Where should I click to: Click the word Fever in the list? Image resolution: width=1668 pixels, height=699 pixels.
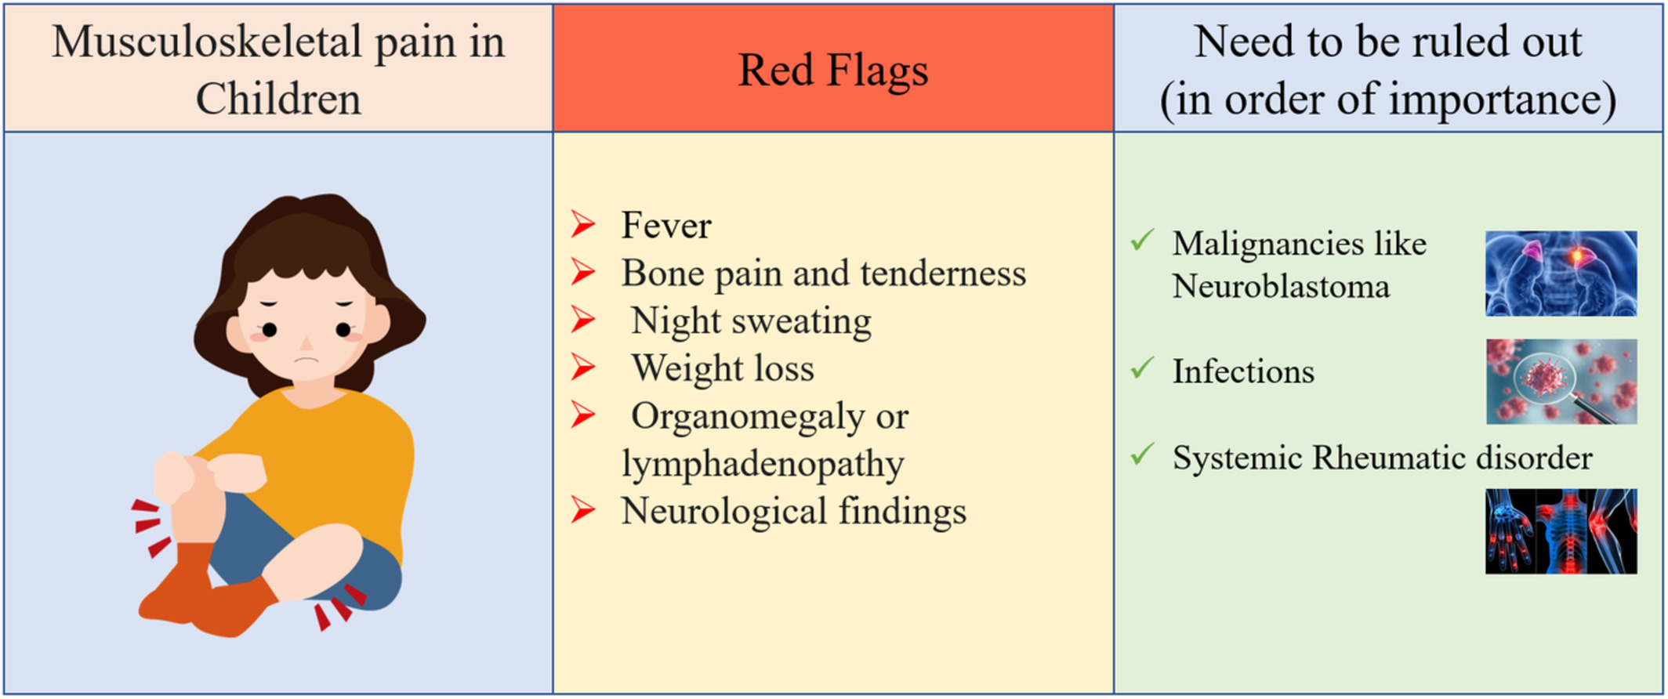(x=666, y=226)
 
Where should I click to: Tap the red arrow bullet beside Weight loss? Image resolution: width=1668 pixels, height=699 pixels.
(x=583, y=367)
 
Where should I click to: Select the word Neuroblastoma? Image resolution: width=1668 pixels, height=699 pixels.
(x=1281, y=286)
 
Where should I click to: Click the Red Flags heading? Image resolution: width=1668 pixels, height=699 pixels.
(x=833, y=71)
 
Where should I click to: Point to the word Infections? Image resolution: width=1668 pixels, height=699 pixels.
(x=1243, y=371)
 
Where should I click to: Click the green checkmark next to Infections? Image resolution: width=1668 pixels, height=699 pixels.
(x=1143, y=367)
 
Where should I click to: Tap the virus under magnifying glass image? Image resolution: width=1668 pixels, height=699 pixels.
(x=1561, y=382)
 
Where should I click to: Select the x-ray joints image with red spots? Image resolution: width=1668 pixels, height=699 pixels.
(x=1561, y=531)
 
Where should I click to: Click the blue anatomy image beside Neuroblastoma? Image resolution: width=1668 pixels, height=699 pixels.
(x=1561, y=273)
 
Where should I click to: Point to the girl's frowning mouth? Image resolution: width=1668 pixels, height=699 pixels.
(x=306, y=360)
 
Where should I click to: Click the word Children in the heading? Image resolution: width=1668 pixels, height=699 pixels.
(x=278, y=100)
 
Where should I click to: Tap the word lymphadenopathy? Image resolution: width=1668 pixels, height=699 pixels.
(x=763, y=465)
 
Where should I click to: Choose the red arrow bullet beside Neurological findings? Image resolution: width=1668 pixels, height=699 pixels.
(x=583, y=510)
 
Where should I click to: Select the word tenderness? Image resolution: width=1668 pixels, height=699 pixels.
(x=943, y=273)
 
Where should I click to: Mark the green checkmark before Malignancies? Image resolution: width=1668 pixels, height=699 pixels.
(x=1143, y=239)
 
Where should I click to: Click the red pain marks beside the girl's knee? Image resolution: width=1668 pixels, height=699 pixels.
(x=151, y=527)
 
